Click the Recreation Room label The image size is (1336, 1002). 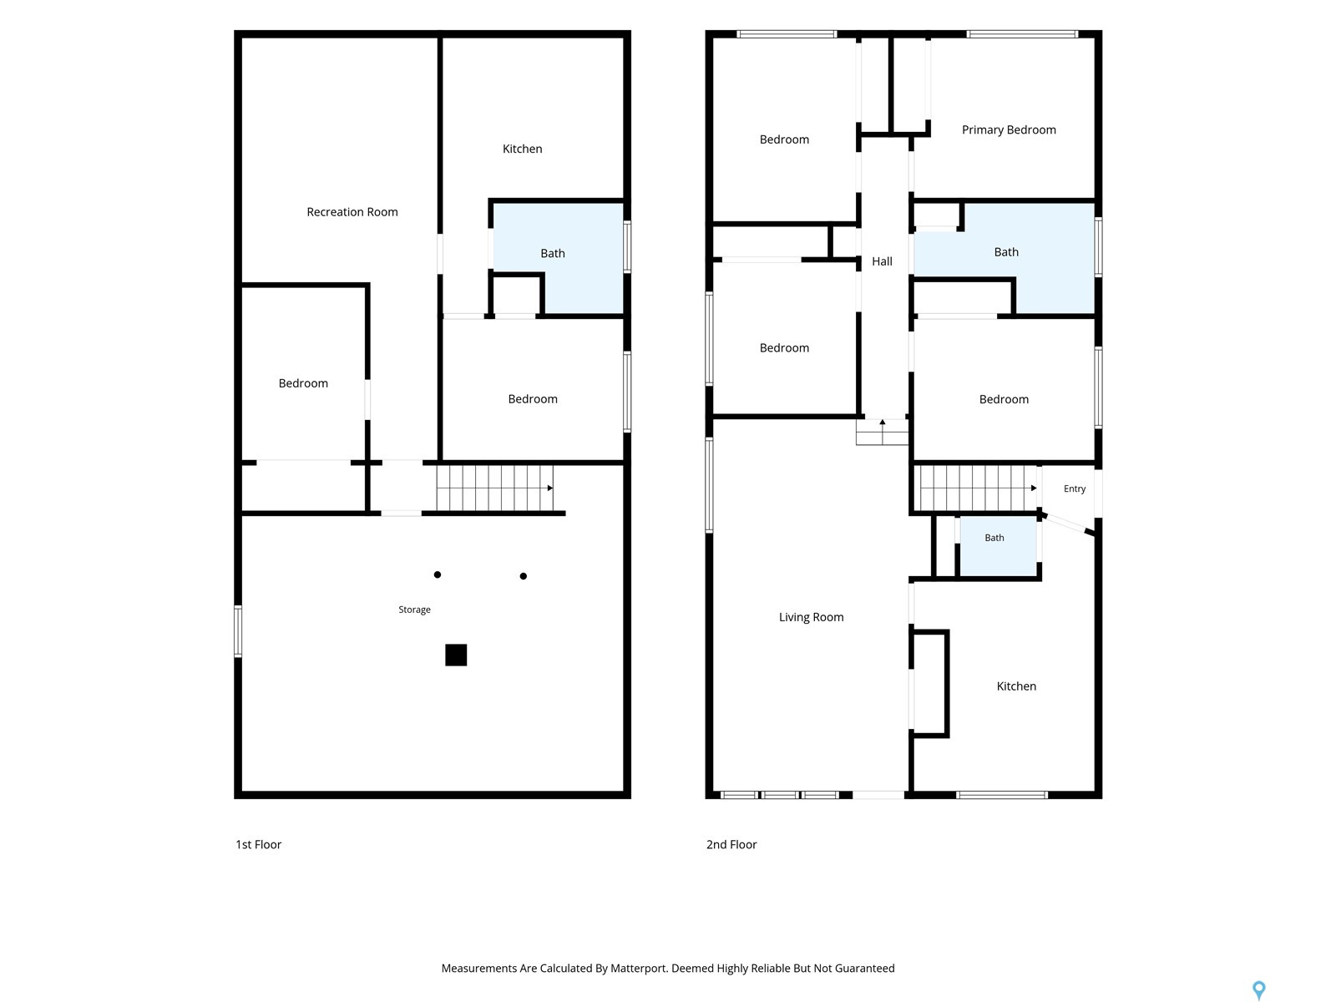[x=352, y=212]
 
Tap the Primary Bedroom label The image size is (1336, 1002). [x=1008, y=129]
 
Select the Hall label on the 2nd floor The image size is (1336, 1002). [x=881, y=261]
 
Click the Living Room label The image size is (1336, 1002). [x=811, y=617]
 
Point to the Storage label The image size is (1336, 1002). [x=414, y=610]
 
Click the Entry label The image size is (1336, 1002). [x=1075, y=488]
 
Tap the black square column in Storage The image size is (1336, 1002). [x=456, y=655]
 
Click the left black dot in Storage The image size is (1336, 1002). [x=437, y=574]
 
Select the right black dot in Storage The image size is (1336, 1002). [x=523, y=576]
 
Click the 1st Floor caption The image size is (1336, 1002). [x=258, y=844]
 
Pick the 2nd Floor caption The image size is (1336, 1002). [x=731, y=844]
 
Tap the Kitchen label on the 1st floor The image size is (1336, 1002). [x=522, y=149]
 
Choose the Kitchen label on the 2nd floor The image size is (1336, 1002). [x=1016, y=686]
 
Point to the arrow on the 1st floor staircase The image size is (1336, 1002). [x=549, y=488]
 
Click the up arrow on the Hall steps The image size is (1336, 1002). [x=882, y=423]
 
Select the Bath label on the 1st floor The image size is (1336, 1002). [x=552, y=253]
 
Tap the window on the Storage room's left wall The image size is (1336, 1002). [x=238, y=631]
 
